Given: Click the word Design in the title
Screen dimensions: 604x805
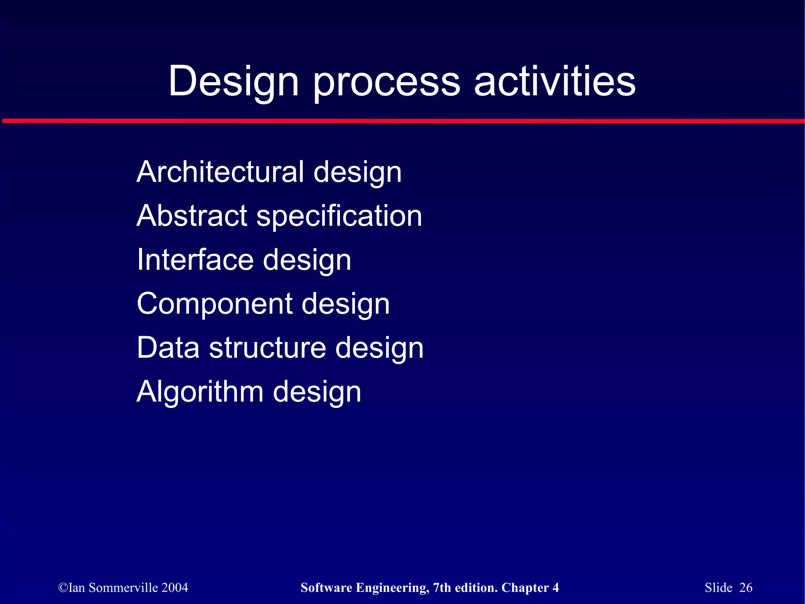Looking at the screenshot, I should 233,81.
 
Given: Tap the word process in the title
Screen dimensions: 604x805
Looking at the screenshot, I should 386,81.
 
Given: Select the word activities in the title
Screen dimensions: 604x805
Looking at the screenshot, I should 555,81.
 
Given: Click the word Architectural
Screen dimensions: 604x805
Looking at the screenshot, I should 220,172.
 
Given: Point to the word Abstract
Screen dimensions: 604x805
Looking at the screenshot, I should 192,216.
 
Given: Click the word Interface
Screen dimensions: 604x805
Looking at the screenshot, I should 195,260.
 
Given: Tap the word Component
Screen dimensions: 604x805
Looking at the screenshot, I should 215,304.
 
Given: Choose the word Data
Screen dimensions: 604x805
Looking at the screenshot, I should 168,348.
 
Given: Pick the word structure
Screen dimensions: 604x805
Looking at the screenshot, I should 267,348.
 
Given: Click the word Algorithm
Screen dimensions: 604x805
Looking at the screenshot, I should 200,392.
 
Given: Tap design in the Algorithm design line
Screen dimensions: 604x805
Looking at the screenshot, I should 317,392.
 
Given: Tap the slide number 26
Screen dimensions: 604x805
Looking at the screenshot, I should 746,587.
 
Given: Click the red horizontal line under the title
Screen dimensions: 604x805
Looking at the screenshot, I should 402,121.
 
